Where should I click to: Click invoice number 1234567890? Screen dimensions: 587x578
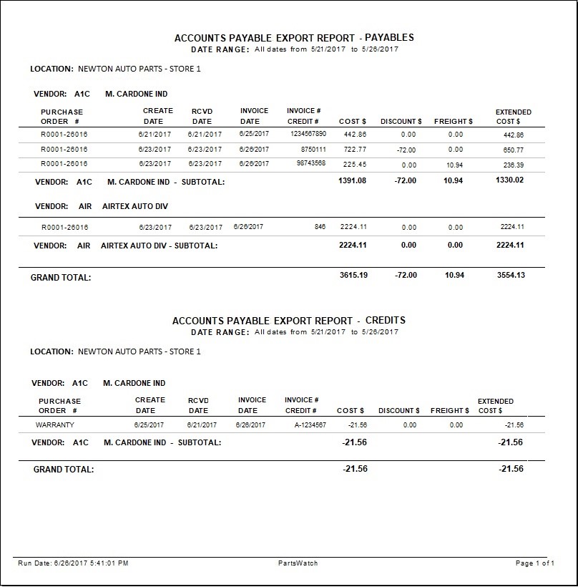pos(308,134)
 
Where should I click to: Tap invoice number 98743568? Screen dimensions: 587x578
pos(311,163)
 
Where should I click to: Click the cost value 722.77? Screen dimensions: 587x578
pos(355,150)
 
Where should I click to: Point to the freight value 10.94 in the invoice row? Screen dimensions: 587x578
pos(455,165)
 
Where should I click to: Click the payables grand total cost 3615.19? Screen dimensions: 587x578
pos(353,275)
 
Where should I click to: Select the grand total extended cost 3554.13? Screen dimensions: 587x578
pos(511,275)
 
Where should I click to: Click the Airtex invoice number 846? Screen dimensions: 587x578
pos(320,227)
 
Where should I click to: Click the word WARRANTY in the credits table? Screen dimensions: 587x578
pos(55,425)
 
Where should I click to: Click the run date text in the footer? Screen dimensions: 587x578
pos(73,563)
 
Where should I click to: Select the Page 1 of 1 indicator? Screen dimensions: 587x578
pos(534,563)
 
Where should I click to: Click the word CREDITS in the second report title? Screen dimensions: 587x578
pos(386,321)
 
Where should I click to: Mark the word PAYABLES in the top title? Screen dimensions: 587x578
pos(389,37)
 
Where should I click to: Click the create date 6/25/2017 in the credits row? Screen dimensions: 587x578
pos(149,425)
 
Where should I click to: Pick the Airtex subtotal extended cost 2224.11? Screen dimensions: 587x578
pos(511,245)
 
